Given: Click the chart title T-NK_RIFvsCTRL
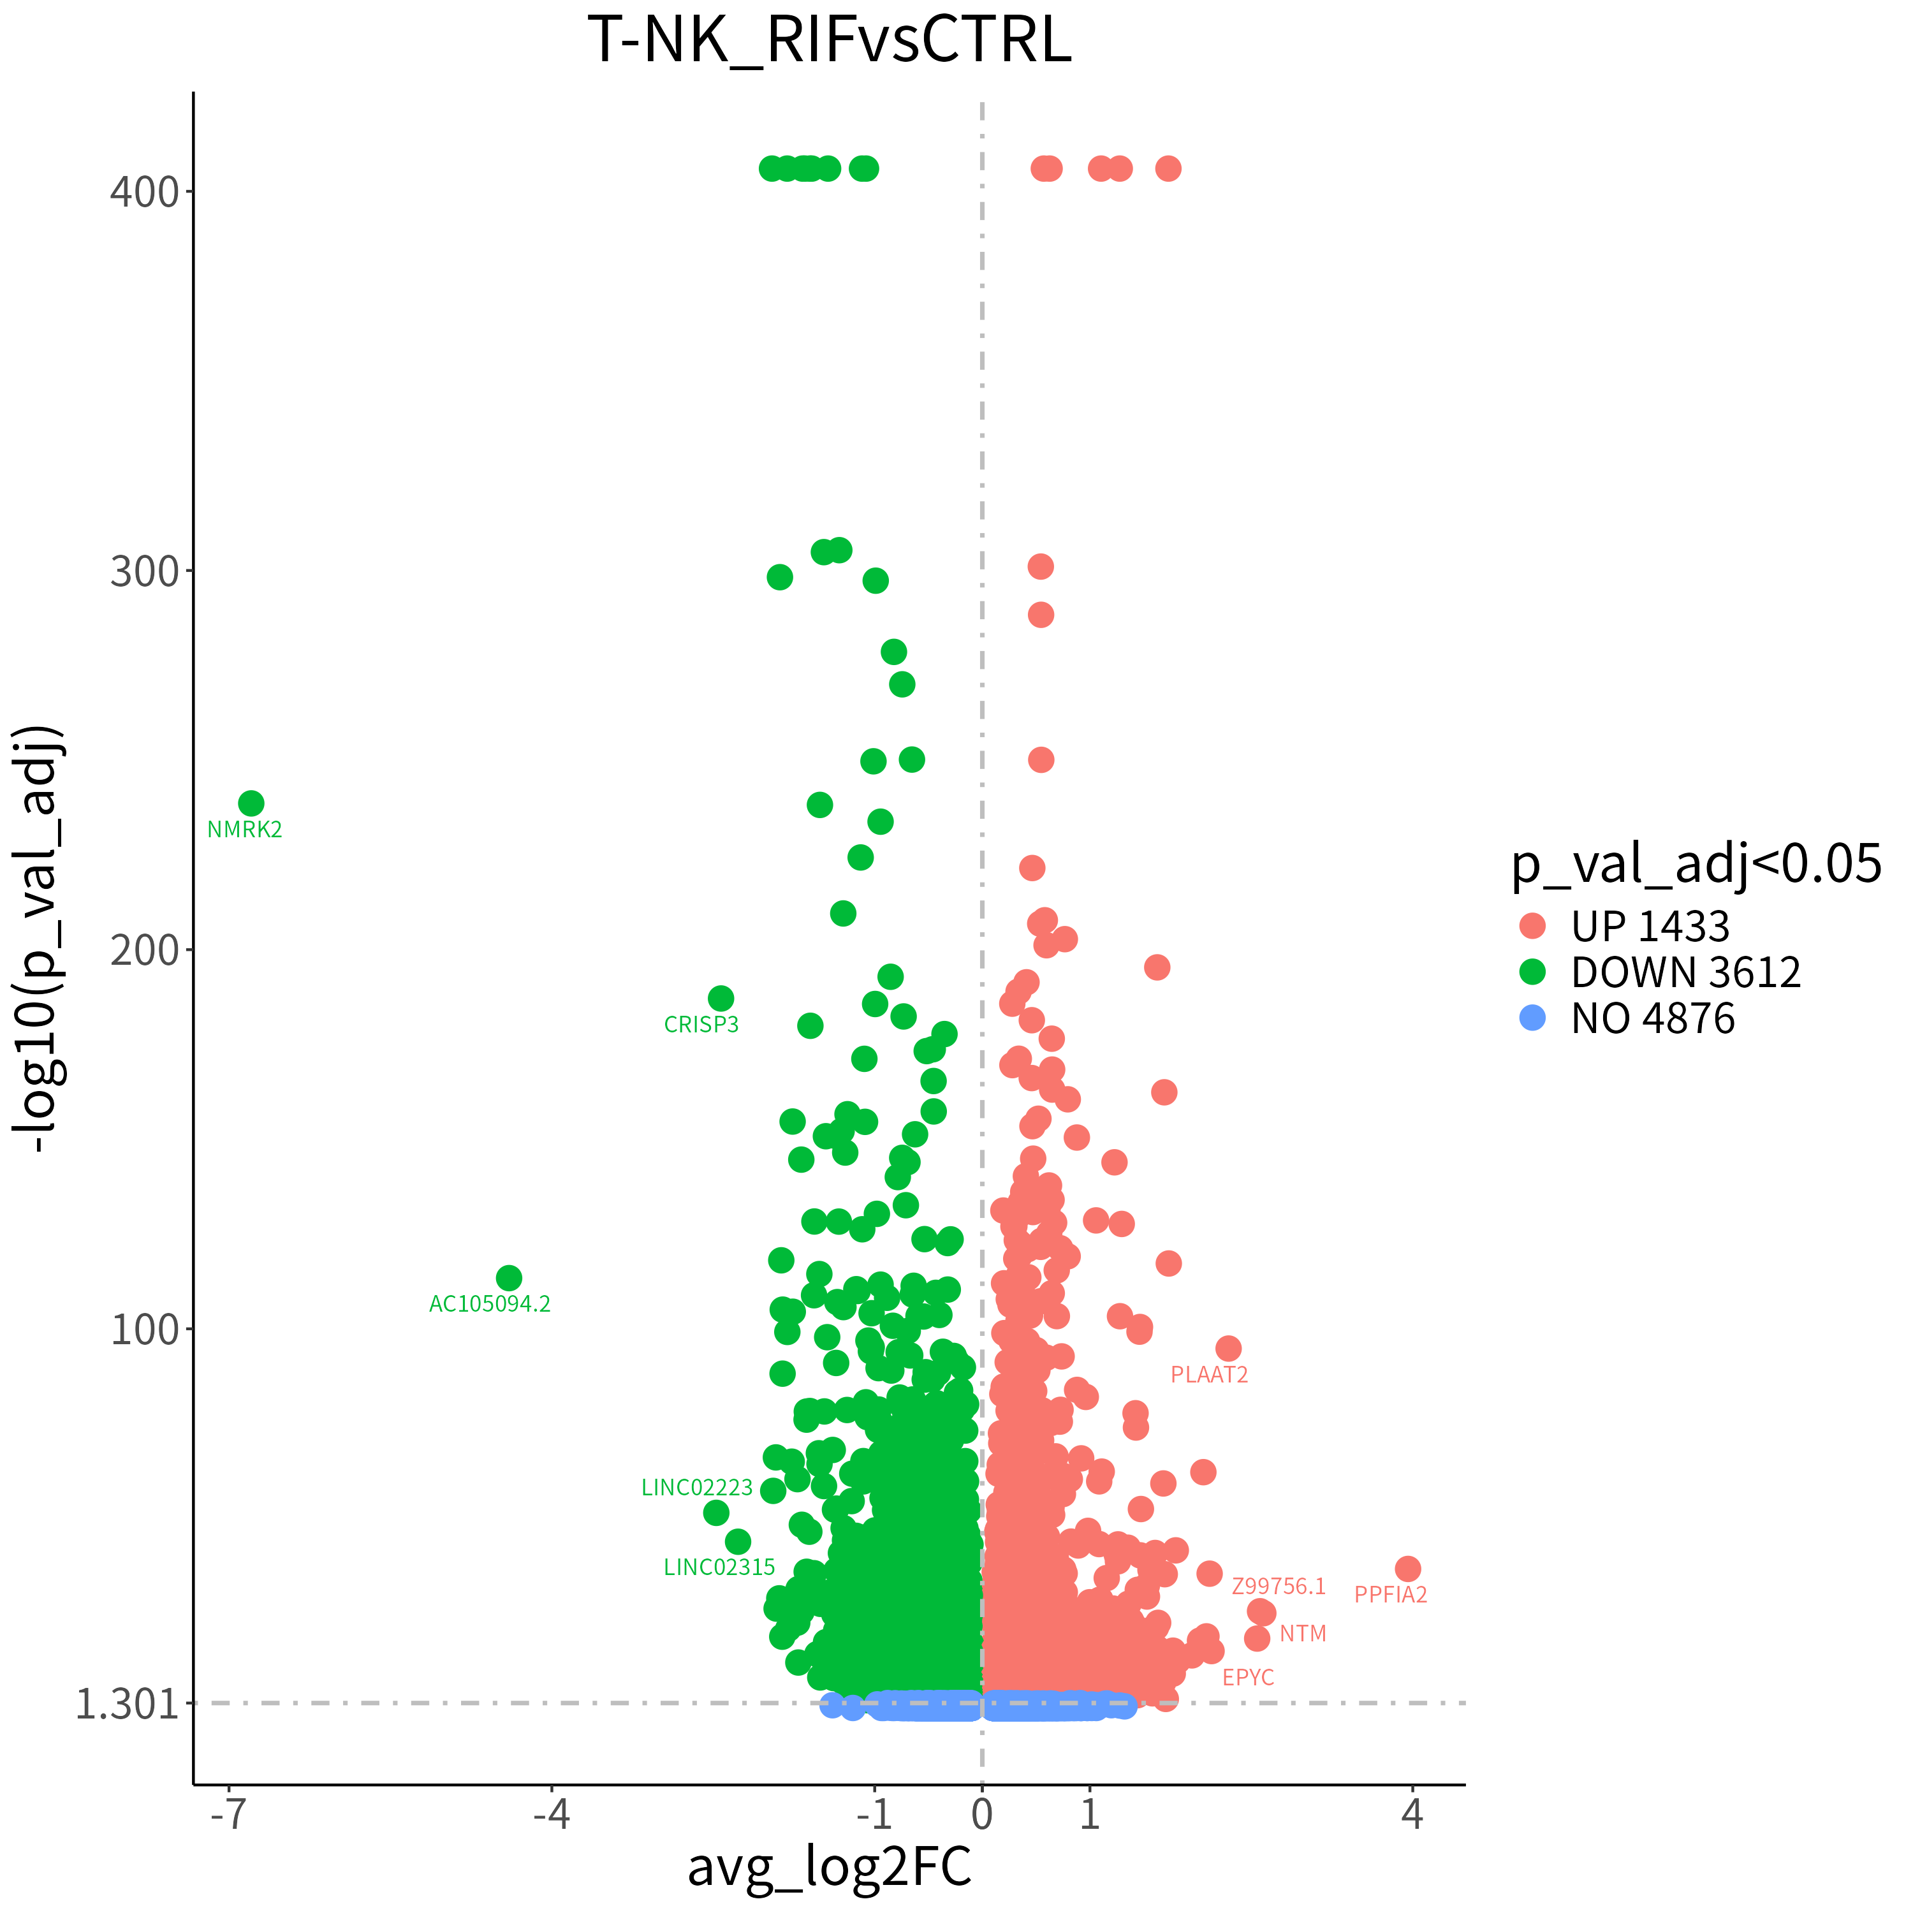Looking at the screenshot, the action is click(829, 41).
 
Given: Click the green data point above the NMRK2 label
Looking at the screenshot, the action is click(251, 803).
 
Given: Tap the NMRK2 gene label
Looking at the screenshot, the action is click(245, 830).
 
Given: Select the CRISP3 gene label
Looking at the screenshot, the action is click(701, 1025).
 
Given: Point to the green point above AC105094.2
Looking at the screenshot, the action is click(509, 1279).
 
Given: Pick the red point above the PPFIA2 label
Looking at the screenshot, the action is click(1408, 1569).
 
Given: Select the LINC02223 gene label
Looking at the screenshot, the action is click(697, 1488).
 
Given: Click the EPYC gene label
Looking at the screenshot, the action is click(1248, 1677).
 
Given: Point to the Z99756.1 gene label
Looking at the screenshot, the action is click(1279, 1587).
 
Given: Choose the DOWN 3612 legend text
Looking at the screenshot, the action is click(1685, 972).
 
